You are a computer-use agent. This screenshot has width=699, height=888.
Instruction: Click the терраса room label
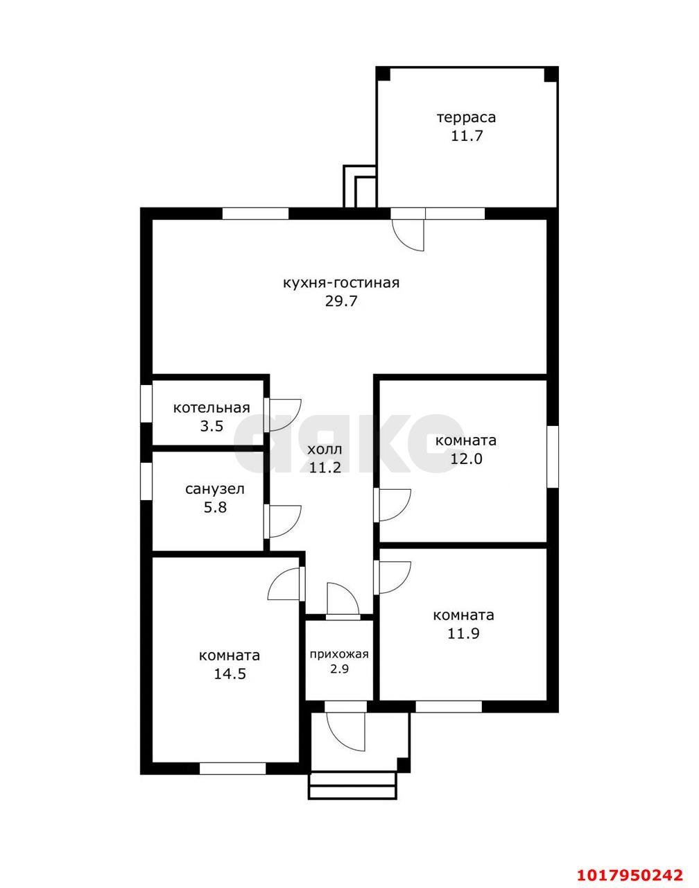pyautogui.click(x=466, y=118)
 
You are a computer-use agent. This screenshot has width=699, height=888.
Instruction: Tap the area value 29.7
pyautogui.click(x=341, y=302)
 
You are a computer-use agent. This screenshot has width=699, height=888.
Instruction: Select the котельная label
pyautogui.click(x=212, y=408)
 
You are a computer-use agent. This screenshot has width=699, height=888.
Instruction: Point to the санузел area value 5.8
pyautogui.click(x=216, y=507)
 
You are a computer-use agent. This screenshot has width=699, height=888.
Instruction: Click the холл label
pyautogui.click(x=325, y=449)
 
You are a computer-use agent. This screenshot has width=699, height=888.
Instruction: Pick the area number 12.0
pyautogui.click(x=466, y=459)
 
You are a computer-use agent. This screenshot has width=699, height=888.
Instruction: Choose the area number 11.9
pyautogui.click(x=463, y=633)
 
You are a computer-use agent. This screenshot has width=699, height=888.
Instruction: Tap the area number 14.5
pyautogui.click(x=230, y=674)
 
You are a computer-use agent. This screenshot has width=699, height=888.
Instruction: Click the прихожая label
pyautogui.click(x=339, y=654)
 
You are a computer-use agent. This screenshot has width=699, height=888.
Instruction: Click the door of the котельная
pyautogui.click(x=283, y=415)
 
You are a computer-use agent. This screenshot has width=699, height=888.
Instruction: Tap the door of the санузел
pyautogui.click(x=283, y=521)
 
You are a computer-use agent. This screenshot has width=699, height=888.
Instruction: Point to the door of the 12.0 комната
pyautogui.click(x=392, y=506)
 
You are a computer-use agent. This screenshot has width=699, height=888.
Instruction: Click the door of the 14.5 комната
pyautogui.click(x=286, y=584)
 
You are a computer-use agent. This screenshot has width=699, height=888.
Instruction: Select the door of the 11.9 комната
pyautogui.click(x=392, y=578)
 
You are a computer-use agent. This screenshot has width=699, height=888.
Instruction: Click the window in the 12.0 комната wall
pyautogui.click(x=553, y=456)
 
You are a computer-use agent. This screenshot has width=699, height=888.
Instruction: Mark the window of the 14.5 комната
pyautogui.click(x=233, y=769)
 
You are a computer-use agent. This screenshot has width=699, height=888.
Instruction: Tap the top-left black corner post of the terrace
pyautogui.click(x=383, y=74)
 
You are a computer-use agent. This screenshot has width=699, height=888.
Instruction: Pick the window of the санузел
pyautogui.click(x=146, y=481)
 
